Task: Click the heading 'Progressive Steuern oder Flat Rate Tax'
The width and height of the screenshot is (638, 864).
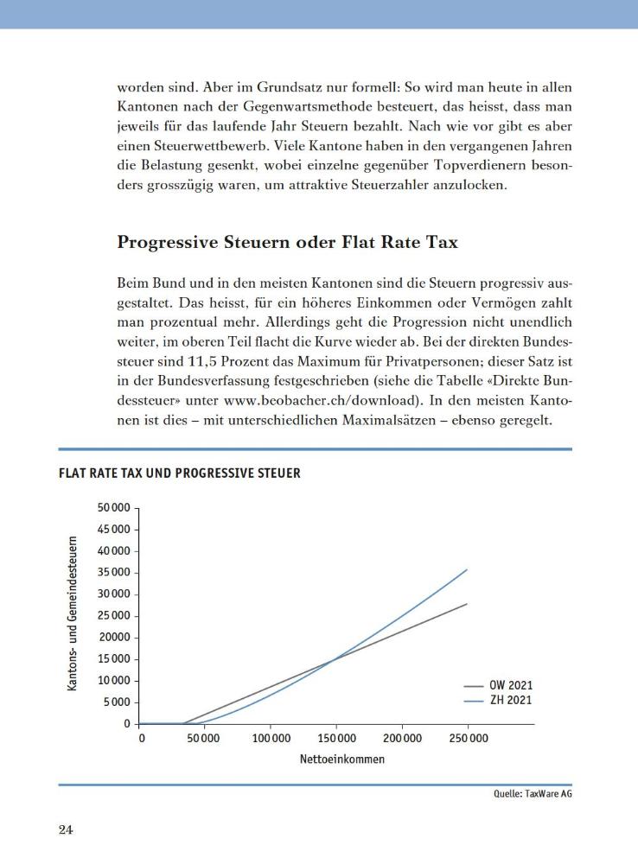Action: [287, 243]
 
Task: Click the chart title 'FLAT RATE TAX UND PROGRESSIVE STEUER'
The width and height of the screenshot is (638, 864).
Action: [179, 473]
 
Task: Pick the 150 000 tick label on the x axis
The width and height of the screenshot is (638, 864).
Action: [337, 739]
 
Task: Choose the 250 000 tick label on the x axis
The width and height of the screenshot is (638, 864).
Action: [468, 739]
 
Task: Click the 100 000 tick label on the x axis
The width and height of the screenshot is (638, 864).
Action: [271, 739]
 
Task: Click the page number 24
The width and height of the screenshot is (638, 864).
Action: [66, 830]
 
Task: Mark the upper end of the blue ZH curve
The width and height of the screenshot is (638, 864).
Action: [468, 569]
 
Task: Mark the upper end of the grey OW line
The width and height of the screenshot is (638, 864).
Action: [468, 603]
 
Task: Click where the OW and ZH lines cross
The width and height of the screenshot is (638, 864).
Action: [334, 660]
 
